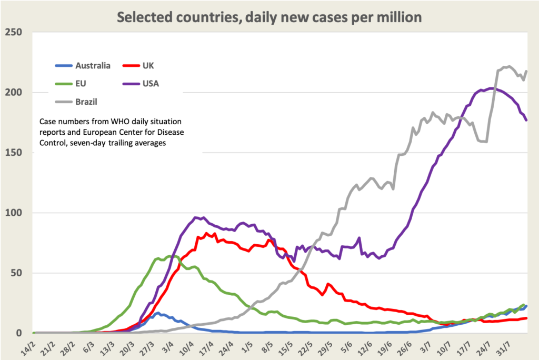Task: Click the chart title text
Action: [x=269, y=17]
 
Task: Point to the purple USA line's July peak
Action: [x=491, y=88]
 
